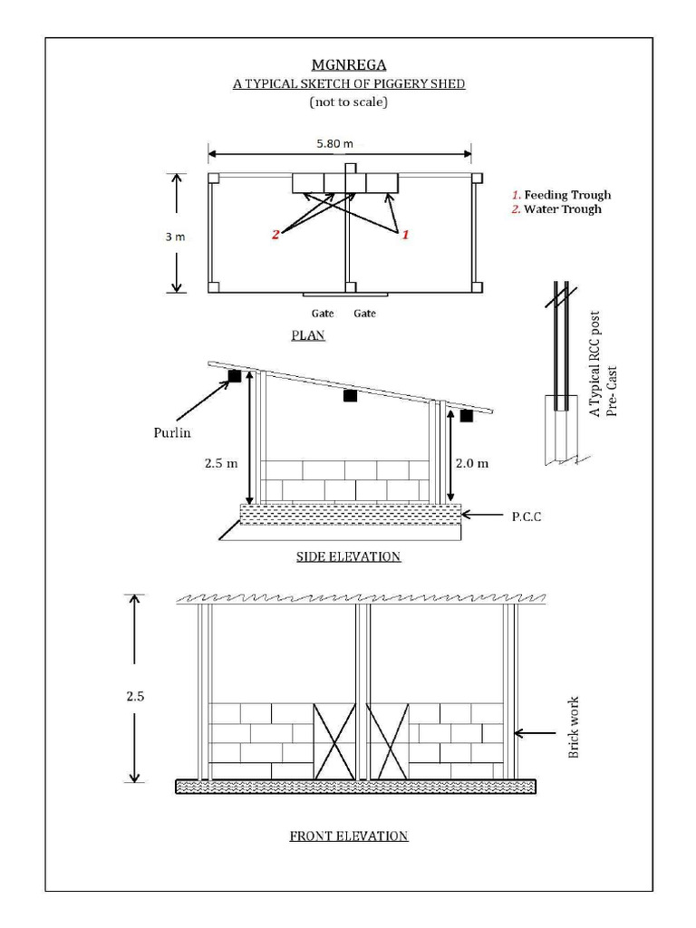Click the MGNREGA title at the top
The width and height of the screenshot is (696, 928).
pos(349,64)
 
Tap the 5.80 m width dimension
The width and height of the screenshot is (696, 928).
pos(334,143)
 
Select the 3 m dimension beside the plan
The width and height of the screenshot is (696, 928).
pos(174,237)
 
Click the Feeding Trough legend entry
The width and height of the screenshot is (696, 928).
pos(561,195)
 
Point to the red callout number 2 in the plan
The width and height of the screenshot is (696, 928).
pos(275,235)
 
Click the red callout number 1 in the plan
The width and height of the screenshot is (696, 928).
pos(405,234)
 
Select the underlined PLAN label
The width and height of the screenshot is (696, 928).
pos(308,334)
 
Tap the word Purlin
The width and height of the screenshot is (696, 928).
pos(171,432)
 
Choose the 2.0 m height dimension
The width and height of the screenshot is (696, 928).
pos(470,463)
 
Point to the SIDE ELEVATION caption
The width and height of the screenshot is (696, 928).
pos(348,556)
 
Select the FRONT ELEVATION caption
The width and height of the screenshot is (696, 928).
pos(348,836)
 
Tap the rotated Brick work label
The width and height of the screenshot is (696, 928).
pos(573,728)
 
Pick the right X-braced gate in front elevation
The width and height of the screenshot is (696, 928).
pos(388,740)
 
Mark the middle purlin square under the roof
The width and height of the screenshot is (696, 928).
pos(350,395)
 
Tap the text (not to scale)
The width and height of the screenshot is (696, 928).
pos(349,102)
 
